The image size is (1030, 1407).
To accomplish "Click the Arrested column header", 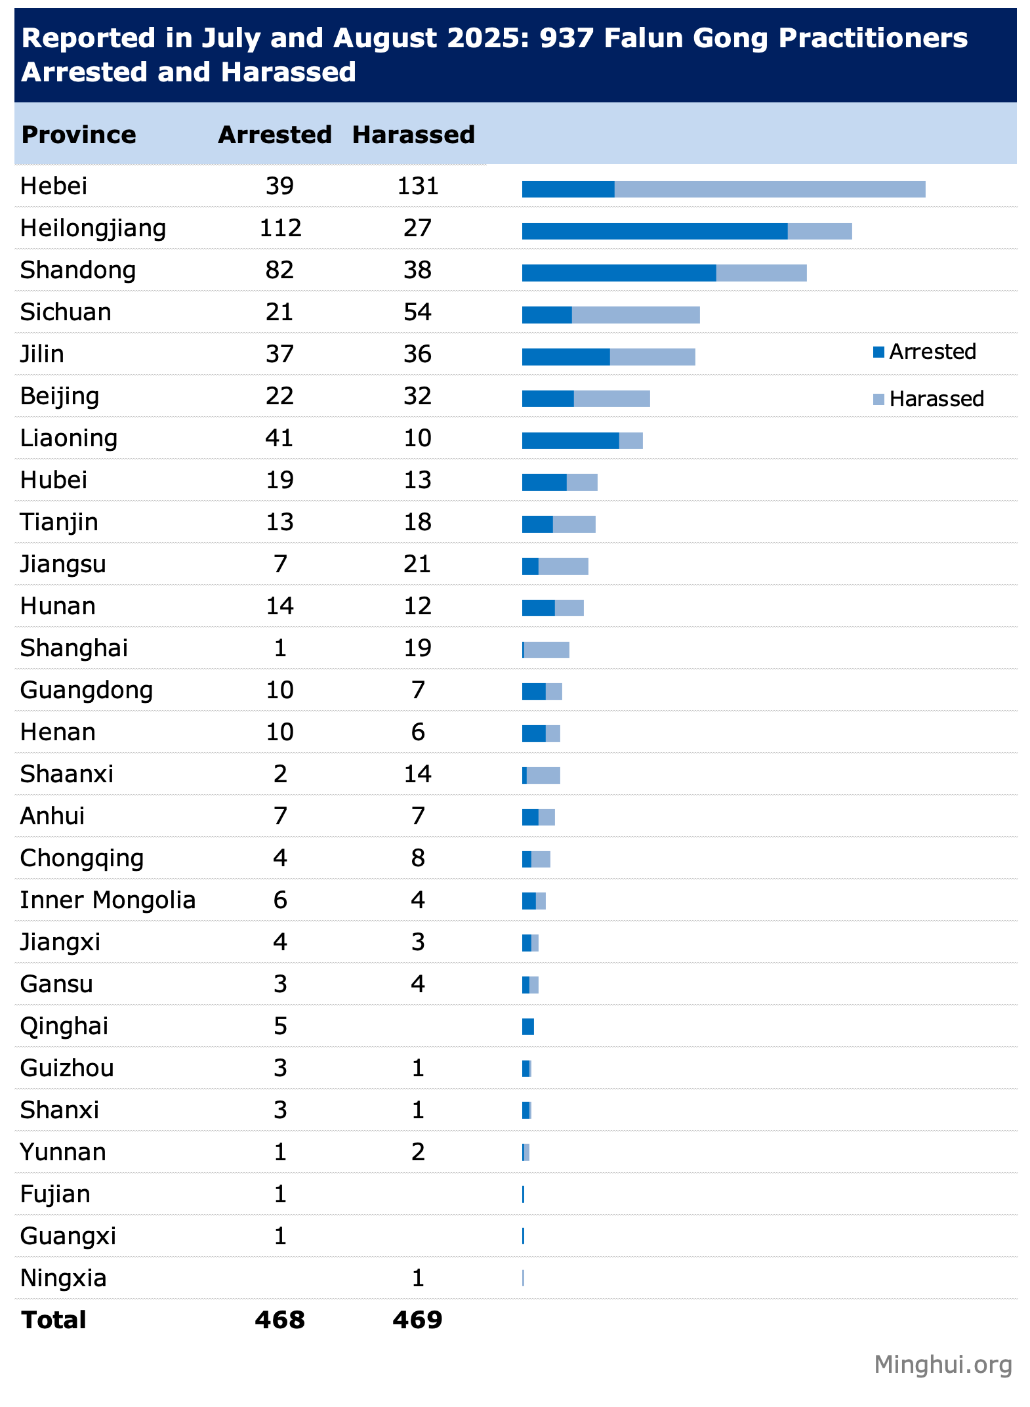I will pyautogui.click(x=275, y=135).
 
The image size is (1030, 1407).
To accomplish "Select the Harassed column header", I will pyautogui.click(x=413, y=135).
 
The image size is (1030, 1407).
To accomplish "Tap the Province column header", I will pyautogui.click(x=79, y=135).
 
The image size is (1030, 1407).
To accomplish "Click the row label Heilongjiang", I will pyautogui.click(x=93, y=228).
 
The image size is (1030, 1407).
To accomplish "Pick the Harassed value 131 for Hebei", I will pyautogui.click(x=418, y=186).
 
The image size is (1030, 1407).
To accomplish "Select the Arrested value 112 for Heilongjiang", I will pyautogui.click(x=280, y=228).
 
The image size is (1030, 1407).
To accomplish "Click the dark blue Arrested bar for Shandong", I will pyautogui.click(x=619, y=273).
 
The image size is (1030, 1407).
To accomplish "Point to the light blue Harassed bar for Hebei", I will pyautogui.click(x=770, y=189).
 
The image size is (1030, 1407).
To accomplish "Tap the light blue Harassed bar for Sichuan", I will pyautogui.click(x=635, y=315).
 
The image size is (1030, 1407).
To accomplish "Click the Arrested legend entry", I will pyautogui.click(x=925, y=352).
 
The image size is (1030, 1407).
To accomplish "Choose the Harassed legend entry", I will pyautogui.click(x=929, y=399).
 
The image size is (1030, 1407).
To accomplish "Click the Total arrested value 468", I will pyautogui.click(x=280, y=1320).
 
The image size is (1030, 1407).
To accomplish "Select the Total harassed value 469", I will pyautogui.click(x=418, y=1320).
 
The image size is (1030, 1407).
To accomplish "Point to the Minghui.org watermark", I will pyautogui.click(x=943, y=1365).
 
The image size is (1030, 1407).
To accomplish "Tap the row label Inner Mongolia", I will pyautogui.click(x=108, y=900).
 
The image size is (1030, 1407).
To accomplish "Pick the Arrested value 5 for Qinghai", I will pyautogui.click(x=280, y=1026).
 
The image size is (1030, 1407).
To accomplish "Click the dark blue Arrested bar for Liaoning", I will pyautogui.click(x=570, y=441).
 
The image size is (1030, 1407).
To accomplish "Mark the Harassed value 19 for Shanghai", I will pyautogui.click(x=418, y=648).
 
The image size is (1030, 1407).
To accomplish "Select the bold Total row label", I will pyautogui.click(x=54, y=1320).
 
